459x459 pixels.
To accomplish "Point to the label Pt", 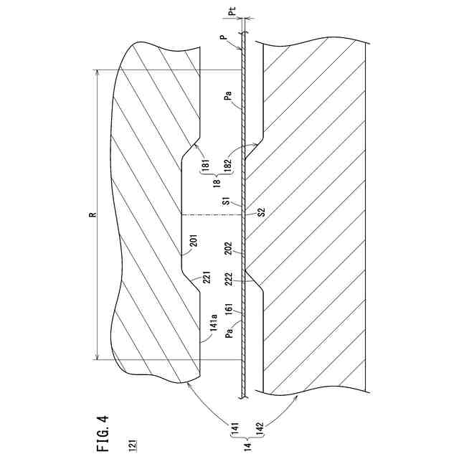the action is click(250, 12).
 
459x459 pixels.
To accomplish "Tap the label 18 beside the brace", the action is click(217, 184).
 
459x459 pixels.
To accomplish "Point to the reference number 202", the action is click(228, 248).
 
